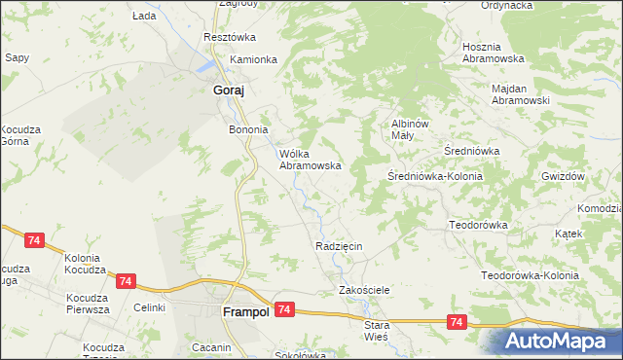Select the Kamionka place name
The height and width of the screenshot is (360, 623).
tap(253, 59)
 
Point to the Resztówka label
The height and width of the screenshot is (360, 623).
tap(229, 37)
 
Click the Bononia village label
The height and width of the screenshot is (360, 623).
tap(247, 129)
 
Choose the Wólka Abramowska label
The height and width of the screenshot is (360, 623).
tap(310, 160)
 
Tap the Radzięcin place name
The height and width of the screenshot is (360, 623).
tap(339, 246)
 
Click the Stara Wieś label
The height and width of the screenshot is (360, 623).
tap(376, 330)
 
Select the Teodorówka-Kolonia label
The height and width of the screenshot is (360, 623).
tap(531, 275)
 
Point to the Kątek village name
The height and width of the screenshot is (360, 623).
tap(568, 234)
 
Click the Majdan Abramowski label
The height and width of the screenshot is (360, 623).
tap(521, 94)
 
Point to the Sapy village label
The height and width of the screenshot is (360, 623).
tap(17, 57)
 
